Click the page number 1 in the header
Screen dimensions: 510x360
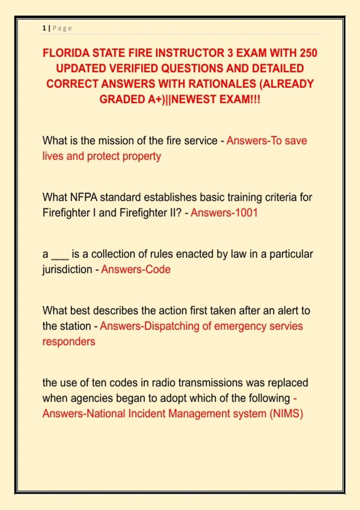[44, 28]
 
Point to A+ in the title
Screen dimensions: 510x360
[156, 99]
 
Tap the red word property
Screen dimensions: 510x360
[142, 157]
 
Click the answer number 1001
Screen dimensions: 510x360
[246, 213]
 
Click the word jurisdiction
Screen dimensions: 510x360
[67, 269]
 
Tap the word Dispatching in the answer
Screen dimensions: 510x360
[172, 326]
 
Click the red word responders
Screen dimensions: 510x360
[69, 342]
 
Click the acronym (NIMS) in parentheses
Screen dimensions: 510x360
[286, 414]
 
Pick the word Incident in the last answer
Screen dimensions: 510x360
[147, 414]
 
